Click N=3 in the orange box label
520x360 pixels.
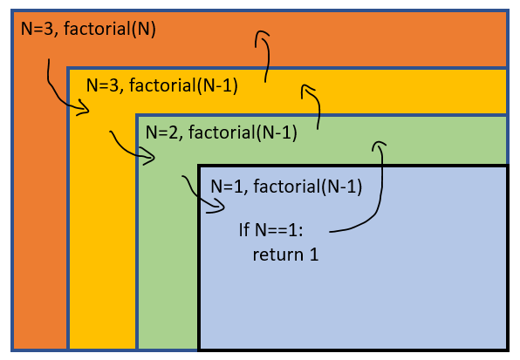coord(37,29)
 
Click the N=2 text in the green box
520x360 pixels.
coord(163,133)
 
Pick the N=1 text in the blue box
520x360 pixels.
coord(229,186)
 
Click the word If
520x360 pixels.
coord(244,231)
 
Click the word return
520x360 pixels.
coord(275,255)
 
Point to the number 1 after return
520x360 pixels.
coord(314,255)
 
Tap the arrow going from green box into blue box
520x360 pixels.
coord(199,196)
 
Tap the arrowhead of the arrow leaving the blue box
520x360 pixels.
coord(378,145)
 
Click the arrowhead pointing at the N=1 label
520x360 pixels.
coord(219,207)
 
